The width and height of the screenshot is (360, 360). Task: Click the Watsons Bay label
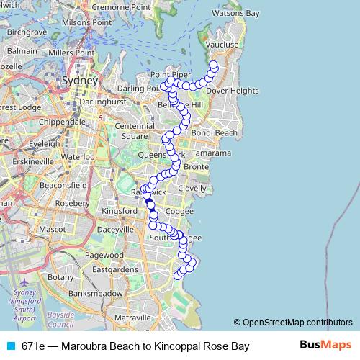click(234, 13)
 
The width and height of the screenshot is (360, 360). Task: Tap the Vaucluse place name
click(222, 45)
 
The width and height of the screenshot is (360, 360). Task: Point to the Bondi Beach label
click(215, 133)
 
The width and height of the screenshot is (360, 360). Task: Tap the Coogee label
click(179, 211)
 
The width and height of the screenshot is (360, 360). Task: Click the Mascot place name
click(52, 229)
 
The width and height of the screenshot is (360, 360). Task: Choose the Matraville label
click(131, 317)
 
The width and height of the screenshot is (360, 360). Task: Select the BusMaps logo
click(325, 346)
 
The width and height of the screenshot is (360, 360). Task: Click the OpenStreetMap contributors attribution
click(293, 323)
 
